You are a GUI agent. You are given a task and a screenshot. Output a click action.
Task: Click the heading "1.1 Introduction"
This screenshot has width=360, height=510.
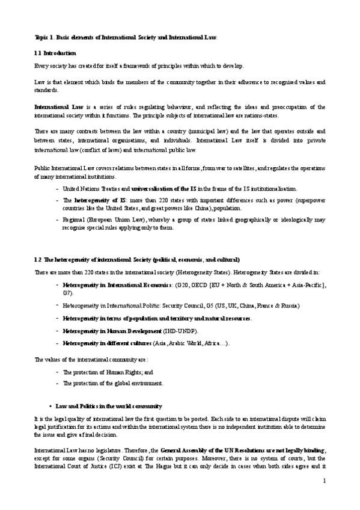coord(55,54)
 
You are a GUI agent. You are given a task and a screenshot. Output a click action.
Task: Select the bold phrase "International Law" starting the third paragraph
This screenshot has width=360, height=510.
coord(54,105)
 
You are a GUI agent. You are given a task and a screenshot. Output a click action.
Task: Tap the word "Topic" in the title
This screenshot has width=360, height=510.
coord(42,37)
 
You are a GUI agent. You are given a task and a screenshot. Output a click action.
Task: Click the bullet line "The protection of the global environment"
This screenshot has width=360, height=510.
coord(112,383)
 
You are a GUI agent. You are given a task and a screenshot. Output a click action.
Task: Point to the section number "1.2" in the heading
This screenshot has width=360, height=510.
coord(38,260)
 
